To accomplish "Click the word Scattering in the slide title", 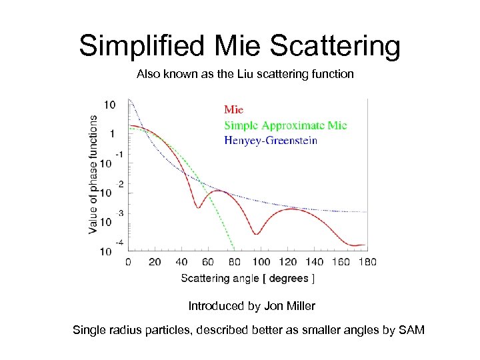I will pos(337,47).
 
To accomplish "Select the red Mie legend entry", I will pos(233,109).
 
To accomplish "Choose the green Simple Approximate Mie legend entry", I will pos(285,125).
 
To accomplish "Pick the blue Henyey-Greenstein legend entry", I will pos(270,140).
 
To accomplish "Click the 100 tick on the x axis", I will pos(261,262).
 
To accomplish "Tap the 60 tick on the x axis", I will pos(207,262).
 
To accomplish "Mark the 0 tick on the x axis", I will pos(127,262).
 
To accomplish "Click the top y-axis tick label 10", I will pos(109,105).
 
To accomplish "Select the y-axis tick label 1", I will pos(112,133).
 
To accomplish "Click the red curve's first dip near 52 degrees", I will pos(198,207).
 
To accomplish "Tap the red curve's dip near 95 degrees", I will pos(255,233).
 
